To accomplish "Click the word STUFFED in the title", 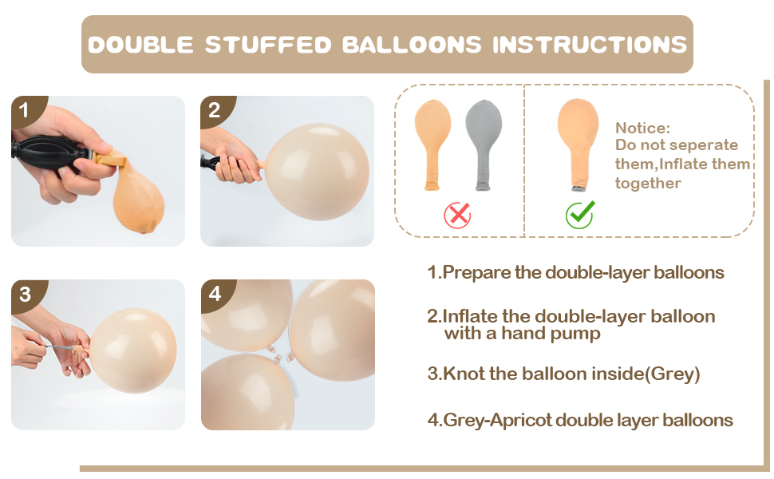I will tap(267, 44).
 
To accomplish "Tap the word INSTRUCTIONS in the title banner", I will tap(589, 44).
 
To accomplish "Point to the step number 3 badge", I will tap(24, 295).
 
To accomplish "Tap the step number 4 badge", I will tap(213, 295).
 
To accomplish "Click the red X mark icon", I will tap(457, 214).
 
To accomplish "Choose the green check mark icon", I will tap(580, 214).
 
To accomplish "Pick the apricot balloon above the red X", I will tap(432, 141).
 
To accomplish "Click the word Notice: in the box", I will tap(642, 128).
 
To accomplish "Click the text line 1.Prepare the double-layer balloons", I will tap(575, 272).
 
